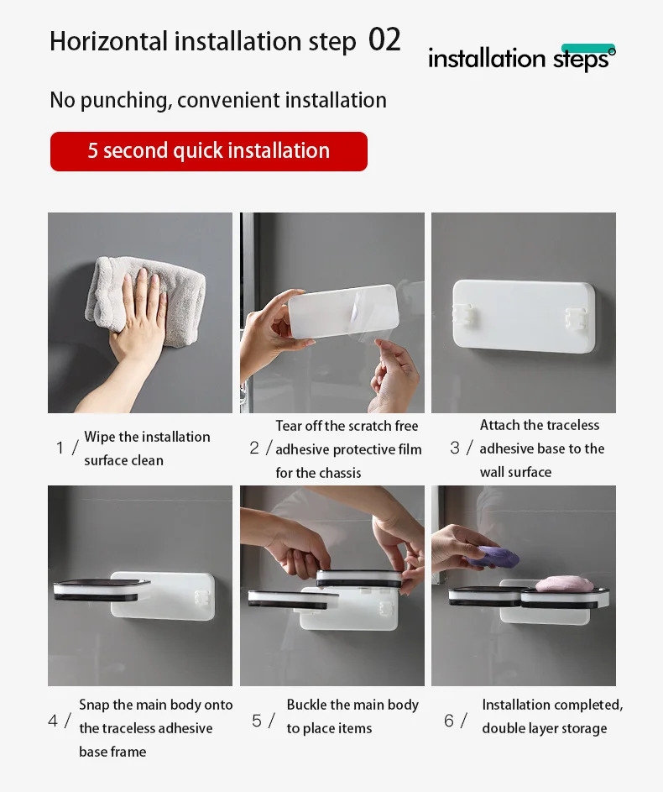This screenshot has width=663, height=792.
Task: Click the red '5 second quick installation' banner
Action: pos(209,151)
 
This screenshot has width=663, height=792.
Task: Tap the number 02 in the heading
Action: pos(384,40)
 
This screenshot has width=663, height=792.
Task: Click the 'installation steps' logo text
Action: pos(522,58)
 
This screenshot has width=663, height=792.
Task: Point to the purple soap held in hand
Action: pos(492,557)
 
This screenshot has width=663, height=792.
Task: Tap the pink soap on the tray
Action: pos(564,584)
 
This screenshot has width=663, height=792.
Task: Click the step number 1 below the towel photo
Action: pos(60,448)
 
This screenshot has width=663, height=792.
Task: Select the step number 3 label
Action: pos(455,448)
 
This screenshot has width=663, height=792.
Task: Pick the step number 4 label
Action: pos(53,721)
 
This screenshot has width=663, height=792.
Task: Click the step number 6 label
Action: pos(448,721)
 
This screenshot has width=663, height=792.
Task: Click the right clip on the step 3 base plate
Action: pos(575,318)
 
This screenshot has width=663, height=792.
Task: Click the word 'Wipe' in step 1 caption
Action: pos(99,437)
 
